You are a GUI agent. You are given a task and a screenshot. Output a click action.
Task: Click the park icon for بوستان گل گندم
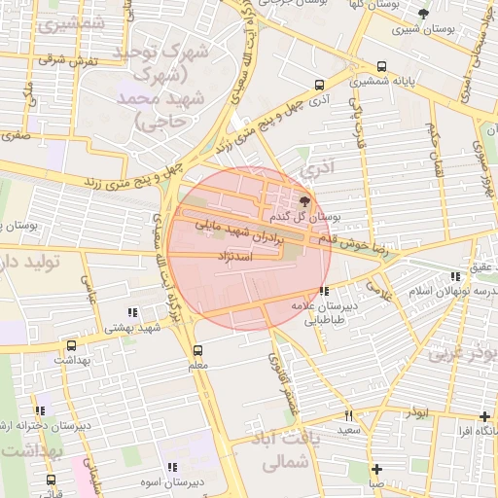(x=306, y=201)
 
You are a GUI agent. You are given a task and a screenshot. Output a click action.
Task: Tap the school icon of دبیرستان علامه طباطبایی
(x=323, y=290)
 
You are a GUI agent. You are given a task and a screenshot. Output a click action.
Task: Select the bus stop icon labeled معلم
(x=198, y=349)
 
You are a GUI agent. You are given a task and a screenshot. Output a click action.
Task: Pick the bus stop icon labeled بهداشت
(x=70, y=345)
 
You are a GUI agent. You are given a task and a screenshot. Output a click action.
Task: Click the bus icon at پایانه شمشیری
(x=381, y=67)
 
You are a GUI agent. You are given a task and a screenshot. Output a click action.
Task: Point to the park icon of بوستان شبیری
(x=422, y=14)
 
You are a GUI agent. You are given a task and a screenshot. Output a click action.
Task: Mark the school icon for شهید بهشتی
(x=131, y=313)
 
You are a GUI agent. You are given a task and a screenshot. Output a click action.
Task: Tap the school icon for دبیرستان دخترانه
(x=40, y=411)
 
